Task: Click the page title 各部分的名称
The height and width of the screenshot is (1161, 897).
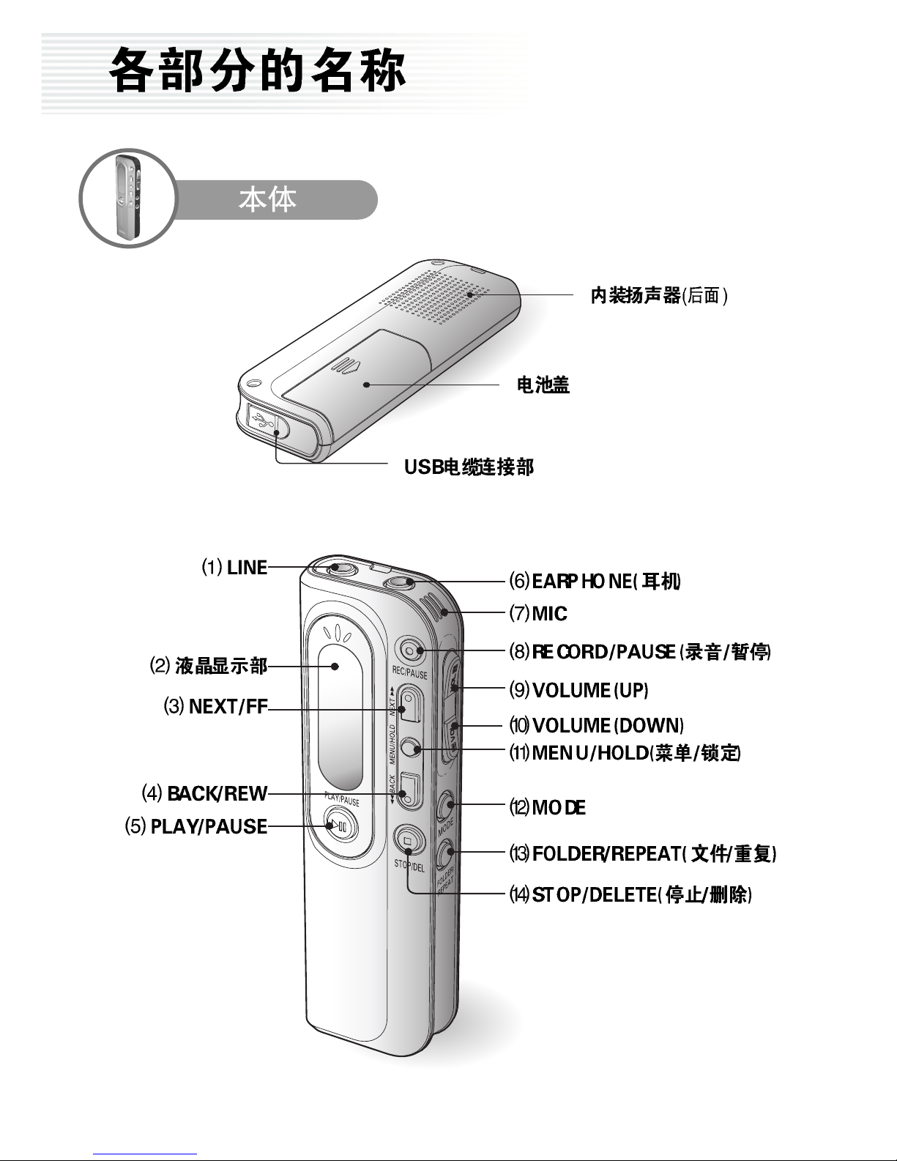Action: coord(257,70)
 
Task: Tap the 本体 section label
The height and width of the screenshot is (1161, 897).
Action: coord(267,200)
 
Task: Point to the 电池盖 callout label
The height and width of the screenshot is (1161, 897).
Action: coord(543,385)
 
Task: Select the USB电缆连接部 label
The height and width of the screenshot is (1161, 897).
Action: coord(469,467)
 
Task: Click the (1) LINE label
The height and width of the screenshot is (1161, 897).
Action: coord(234,568)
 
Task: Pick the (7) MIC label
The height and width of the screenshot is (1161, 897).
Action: coord(538,613)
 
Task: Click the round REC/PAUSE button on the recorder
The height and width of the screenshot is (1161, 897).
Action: coord(410,650)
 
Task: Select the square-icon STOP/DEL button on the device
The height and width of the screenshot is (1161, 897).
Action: coord(409,840)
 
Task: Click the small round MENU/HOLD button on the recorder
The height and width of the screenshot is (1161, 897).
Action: coord(410,748)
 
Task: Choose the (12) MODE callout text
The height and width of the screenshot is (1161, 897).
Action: coord(548,807)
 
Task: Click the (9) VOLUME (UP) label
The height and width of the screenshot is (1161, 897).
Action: coord(578,690)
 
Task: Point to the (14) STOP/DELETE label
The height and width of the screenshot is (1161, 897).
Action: coord(630,894)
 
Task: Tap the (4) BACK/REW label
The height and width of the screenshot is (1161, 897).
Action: coord(204,793)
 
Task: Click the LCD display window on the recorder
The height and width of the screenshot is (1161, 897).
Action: coord(340,716)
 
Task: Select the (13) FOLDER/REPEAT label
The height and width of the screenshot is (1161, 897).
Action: coord(643,853)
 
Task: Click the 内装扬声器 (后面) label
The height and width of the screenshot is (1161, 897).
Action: coord(659,295)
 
